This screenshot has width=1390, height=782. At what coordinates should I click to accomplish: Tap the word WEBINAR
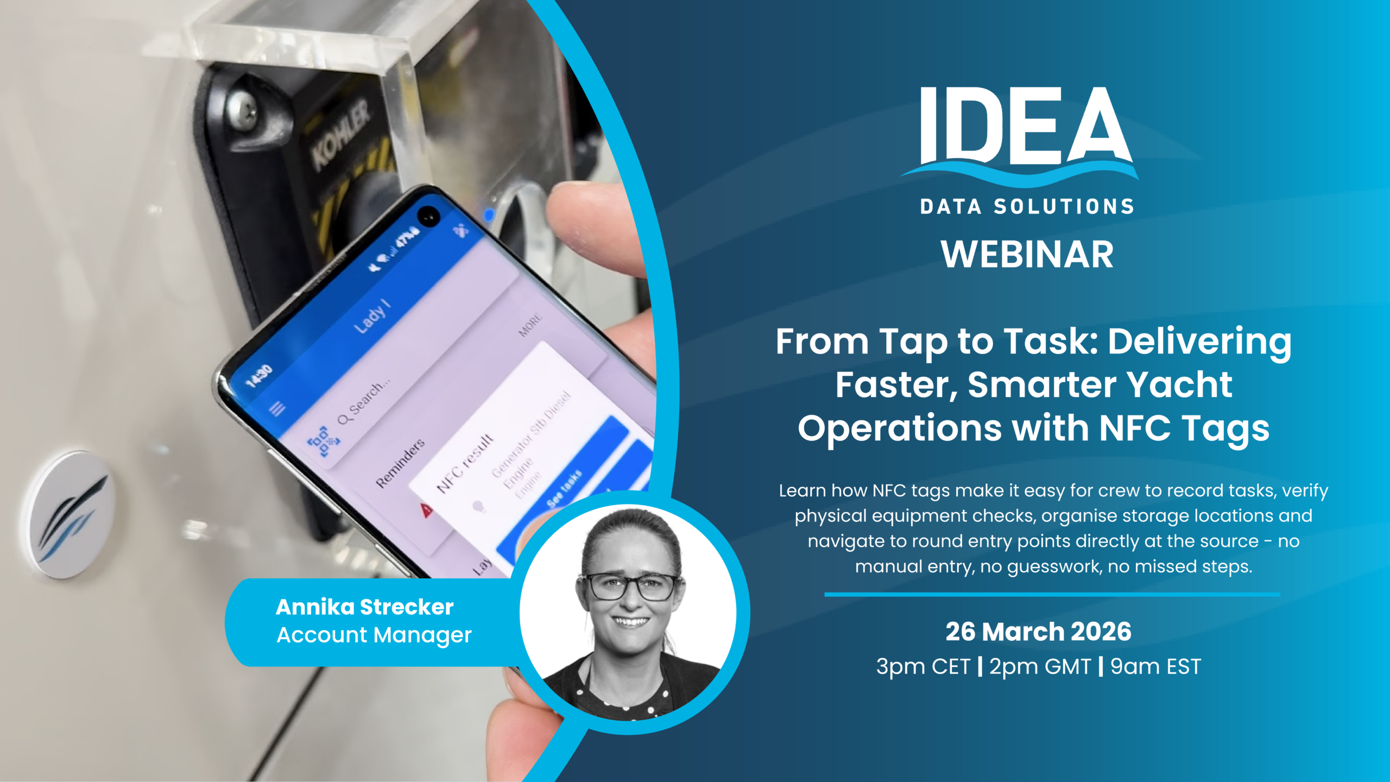click(x=1027, y=254)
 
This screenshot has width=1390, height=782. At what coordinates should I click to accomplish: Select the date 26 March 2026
click(x=1038, y=632)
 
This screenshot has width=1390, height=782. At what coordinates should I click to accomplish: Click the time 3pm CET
click(x=923, y=666)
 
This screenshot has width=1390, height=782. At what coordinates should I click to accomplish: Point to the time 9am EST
click(x=1155, y=666)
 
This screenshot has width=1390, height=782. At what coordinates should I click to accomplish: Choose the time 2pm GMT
click(x=1039, y=666)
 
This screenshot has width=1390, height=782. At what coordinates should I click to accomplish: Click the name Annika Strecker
click(x=364, y=607)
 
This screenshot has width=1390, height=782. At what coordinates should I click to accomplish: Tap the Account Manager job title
click(x=374, y=635)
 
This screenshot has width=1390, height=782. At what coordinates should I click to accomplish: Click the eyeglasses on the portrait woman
click(x=630, y=586)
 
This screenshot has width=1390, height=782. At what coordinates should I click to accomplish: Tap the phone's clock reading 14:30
click(x=259, y=376)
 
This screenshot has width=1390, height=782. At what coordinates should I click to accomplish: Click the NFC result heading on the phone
click(x=465, y=463)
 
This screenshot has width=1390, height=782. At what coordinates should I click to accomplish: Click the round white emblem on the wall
click(x=71, y=513)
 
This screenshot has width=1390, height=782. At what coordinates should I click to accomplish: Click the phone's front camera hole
click(x=429, y=217)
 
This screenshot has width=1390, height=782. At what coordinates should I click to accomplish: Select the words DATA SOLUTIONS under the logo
click(x=1027, y=207)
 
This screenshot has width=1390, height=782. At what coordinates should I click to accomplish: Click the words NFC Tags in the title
click(x=1184, y=428)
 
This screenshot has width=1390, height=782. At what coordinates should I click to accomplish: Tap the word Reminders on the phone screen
click(x=400, y=463)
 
